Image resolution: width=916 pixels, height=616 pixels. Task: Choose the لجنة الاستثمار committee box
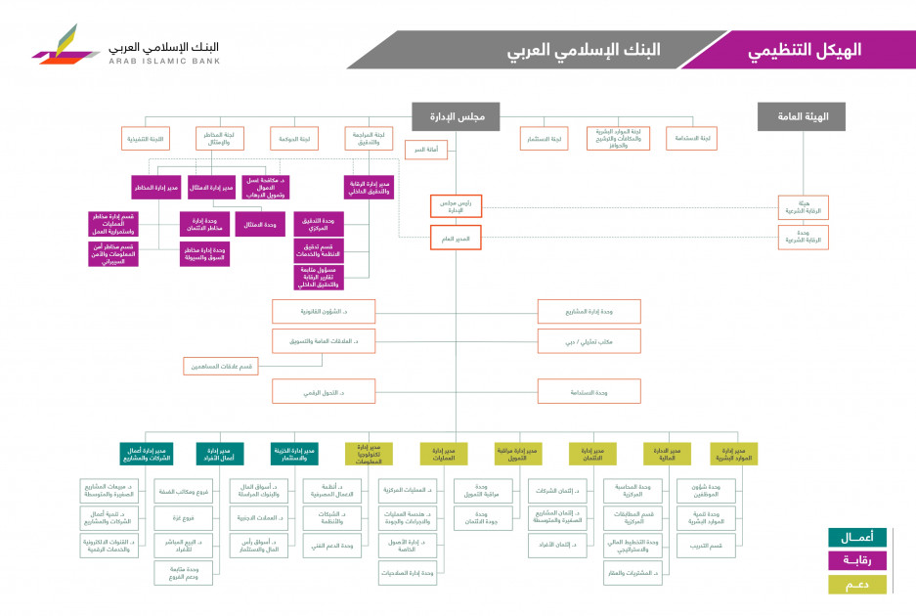(x=544, y=139)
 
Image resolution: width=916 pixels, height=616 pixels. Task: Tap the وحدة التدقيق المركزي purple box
(x=319, y=224)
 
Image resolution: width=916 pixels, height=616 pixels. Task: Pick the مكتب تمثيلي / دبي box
(x=589, y=340)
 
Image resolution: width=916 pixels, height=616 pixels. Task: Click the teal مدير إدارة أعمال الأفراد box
(x=220, y=453)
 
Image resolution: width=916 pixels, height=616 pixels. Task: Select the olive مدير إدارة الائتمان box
(x=592, y=453)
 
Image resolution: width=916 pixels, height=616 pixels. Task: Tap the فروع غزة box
(x=184, y=517)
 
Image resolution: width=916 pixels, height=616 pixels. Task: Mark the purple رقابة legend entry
(x=856, y=560)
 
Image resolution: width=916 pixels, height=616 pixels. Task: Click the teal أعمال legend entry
(x=856, y=537)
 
